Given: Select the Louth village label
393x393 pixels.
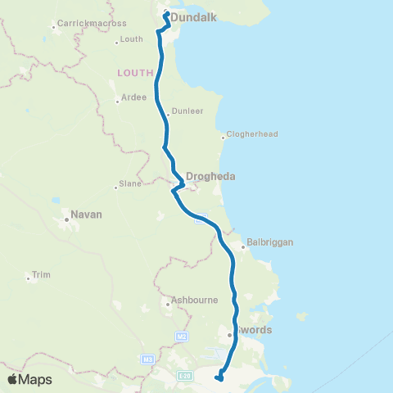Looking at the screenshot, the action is tap(132, 38).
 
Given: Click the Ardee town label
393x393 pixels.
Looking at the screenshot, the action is tap(133, 97).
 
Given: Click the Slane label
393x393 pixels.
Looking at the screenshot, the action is tap(130, 184).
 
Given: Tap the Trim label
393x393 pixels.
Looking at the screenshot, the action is tap(41, 275).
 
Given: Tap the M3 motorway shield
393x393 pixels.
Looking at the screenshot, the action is tap(147, 359).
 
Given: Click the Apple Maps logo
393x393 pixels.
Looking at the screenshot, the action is tap(29, 379).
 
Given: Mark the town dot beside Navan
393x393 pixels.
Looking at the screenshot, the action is tap(66, 219).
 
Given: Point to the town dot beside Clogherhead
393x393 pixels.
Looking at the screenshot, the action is tap(224, 138).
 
